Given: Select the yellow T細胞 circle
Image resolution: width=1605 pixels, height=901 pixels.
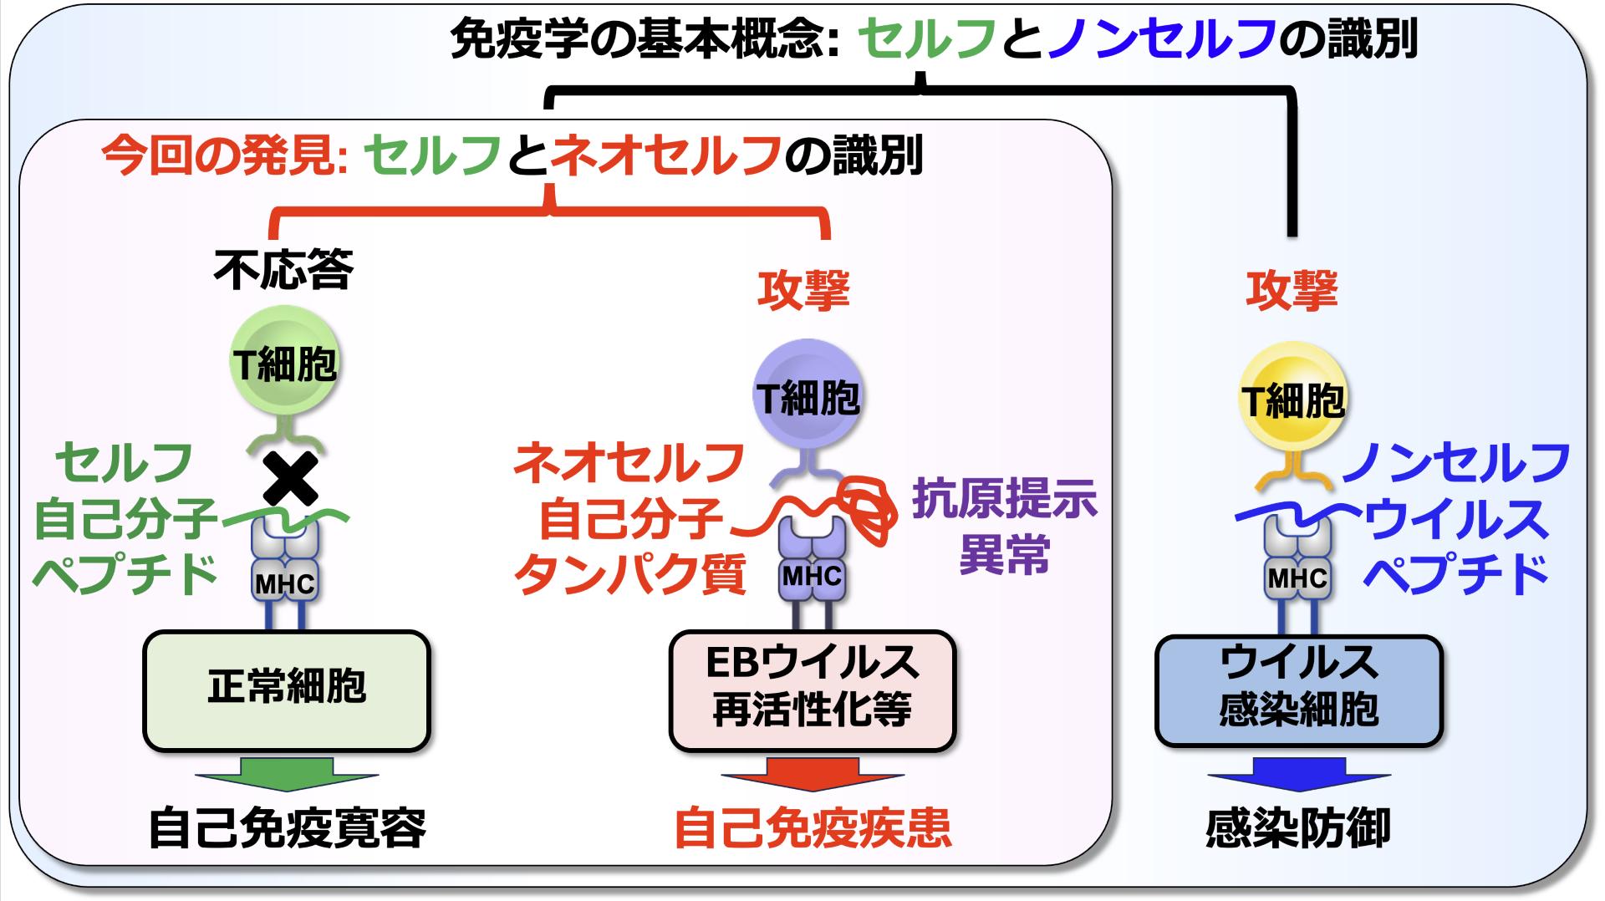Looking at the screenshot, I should pos(1292,400).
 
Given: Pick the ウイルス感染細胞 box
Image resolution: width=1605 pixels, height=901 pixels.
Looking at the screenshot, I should pos(1298,689).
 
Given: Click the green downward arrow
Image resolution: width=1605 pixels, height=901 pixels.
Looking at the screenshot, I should pos(286,774).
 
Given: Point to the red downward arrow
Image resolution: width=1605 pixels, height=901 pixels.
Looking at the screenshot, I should pos(812,774).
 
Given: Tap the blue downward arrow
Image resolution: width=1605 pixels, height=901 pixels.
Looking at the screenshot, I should pos(1298,774).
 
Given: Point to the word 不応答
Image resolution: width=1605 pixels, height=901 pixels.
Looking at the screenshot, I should pos(283,268).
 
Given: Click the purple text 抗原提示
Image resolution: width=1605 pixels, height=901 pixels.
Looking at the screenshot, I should pos(1004,499).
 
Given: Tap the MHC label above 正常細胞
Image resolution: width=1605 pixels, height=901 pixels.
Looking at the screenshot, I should pos(285,583).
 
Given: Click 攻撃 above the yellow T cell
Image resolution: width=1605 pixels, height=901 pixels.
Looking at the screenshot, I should pos(1292,290).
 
